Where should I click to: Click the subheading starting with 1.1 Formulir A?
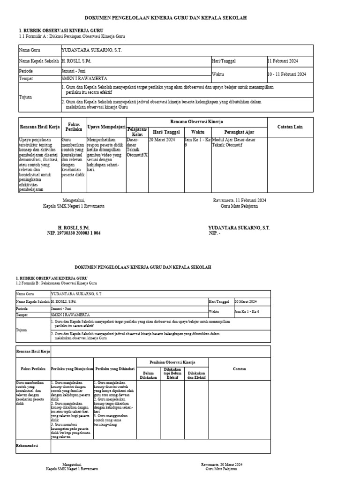[x=72, y=37]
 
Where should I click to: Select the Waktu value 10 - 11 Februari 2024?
[x=286, y=74]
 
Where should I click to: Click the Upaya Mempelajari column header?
[x=106, y=127]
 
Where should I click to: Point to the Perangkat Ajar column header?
[x=239, y=132]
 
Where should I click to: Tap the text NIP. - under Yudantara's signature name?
[x=214, y=232]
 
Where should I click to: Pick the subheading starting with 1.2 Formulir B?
[x=56, y=284]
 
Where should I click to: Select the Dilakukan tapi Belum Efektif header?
[x=172, y=373]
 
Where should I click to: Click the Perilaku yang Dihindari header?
[x=115, y=368]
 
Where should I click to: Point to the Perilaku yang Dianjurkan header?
[x=72, y=368]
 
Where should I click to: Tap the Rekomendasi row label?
[x=27, y=445]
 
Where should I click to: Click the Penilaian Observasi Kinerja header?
[x=172, y=362]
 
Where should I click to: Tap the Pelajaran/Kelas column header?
[x=137, y=132]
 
